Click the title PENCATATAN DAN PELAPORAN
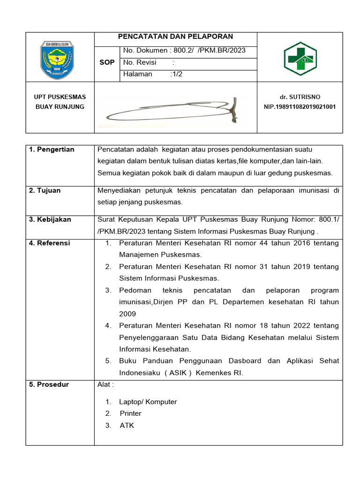coord(175,37)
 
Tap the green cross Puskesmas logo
coord(300,58)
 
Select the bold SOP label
coord(107,62)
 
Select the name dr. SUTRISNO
coord(300,97)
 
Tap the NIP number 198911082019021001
coord(300,107)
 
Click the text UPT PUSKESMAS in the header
coord(60,97)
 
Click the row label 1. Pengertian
coord(52,150)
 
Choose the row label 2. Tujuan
coord(45,191)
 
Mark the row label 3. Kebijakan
coord(50,219)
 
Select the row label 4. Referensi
coord(50,243)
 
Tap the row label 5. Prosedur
coord(49,384)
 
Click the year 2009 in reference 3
coord(127,314)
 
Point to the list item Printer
coord(130,413)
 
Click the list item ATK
coord(127,425)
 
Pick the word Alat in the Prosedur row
coord(104,384)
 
